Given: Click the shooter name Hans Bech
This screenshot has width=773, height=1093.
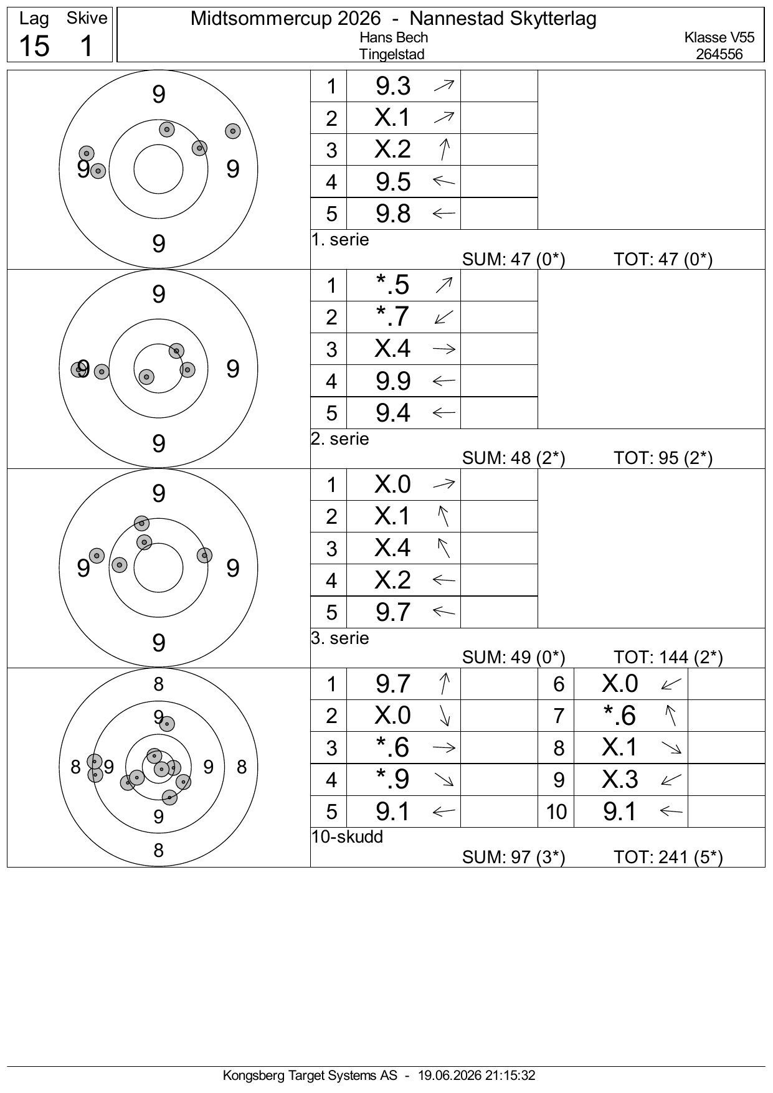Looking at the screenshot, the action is (394, 37).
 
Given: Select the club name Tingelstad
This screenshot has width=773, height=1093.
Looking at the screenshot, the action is (392, 54).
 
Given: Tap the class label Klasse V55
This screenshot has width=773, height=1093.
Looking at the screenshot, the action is (719, 37).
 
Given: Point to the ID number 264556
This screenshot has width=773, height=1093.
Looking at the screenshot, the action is (719, 54).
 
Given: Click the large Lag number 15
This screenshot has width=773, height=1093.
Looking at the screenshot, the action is (34, 45).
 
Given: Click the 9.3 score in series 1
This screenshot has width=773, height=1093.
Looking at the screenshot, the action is (393, 86).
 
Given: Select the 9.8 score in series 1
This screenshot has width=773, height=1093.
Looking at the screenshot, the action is (393, 214).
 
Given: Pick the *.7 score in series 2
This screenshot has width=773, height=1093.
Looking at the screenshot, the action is (393, 316).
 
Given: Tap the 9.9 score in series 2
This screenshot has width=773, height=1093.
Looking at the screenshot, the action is (393, 381).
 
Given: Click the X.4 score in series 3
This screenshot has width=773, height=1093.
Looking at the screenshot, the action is (392, 547).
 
